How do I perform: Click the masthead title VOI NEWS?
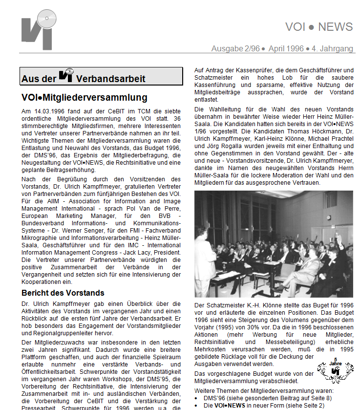point(318,27)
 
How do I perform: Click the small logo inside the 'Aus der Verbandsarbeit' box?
point(66,75)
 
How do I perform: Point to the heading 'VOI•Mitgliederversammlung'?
point(84,98)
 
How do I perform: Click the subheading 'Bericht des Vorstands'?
point(63,293)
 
